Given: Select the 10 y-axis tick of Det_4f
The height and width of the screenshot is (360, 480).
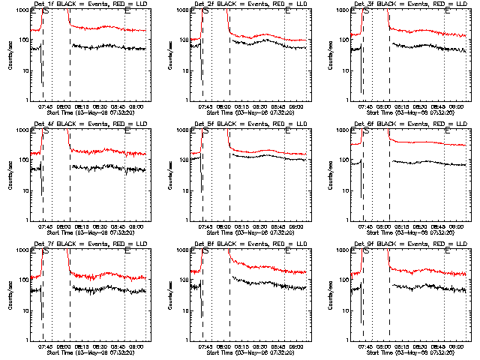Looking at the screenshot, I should pos(25,190).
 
